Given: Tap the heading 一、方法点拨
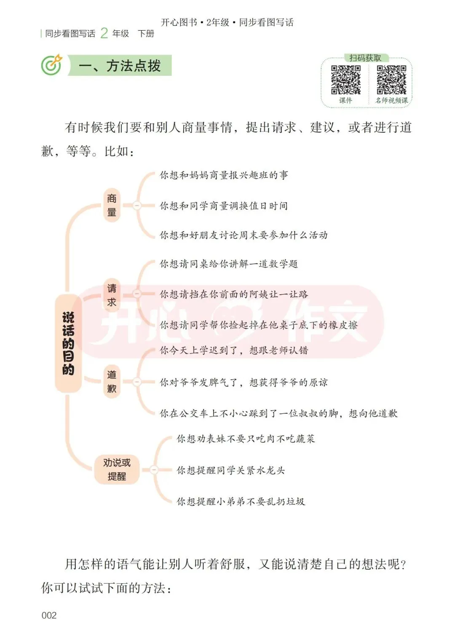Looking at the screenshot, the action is coord(120,66).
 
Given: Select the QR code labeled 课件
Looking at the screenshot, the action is coord(345,80).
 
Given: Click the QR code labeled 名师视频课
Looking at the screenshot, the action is coord(391,80).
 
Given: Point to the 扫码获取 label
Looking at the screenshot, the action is coord(365,58).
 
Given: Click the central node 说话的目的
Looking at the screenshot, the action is coord(68,343).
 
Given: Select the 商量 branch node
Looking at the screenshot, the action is coord(112,205).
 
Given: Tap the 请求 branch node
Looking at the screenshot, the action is coord(112,295).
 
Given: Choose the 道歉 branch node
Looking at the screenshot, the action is coord(112,382).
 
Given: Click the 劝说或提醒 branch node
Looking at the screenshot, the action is coord(117,469).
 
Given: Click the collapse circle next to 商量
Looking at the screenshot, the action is coord(137,205).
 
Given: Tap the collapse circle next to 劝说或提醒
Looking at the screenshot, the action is coord(154,470).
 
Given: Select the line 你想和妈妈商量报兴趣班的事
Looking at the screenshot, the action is coord(224,175).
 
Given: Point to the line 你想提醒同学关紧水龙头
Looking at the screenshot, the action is coord(230,470).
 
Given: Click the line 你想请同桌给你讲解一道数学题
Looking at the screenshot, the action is coord(229,264).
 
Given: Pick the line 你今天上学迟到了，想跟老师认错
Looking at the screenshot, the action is coord(234,350).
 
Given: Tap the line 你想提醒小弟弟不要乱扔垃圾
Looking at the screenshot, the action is coord(241,501).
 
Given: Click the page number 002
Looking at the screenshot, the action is coord(49,615).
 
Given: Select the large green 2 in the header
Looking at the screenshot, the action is coord(104,33).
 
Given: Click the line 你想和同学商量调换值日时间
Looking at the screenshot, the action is coord(224,206).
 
